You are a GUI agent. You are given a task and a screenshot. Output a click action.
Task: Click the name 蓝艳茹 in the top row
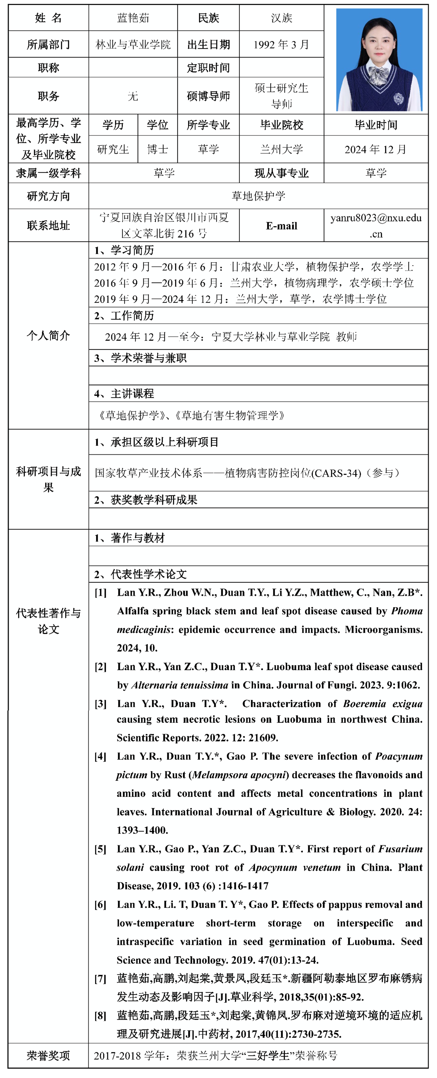coord(133,18)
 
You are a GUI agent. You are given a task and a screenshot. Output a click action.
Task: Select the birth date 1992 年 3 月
coord(281,44)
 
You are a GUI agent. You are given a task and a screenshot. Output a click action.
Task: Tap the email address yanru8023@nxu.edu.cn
coord(376,225)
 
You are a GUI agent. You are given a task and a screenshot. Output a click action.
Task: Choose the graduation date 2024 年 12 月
coord(375,149)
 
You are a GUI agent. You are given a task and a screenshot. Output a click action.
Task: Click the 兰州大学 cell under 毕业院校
coord(281,149)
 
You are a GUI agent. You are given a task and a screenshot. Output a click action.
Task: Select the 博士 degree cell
coord(158,149)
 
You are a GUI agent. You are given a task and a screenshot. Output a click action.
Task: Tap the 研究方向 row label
coord(48,196)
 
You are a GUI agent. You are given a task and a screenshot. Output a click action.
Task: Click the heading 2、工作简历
coord(124,315)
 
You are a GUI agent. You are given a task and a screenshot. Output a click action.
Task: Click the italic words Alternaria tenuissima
coord(180,685)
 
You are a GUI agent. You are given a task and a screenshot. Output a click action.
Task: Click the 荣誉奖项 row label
coord(48,1056)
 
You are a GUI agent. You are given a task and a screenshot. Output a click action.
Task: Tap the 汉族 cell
coord(281,18)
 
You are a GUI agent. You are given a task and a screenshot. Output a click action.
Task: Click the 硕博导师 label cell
coord(208,96)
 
